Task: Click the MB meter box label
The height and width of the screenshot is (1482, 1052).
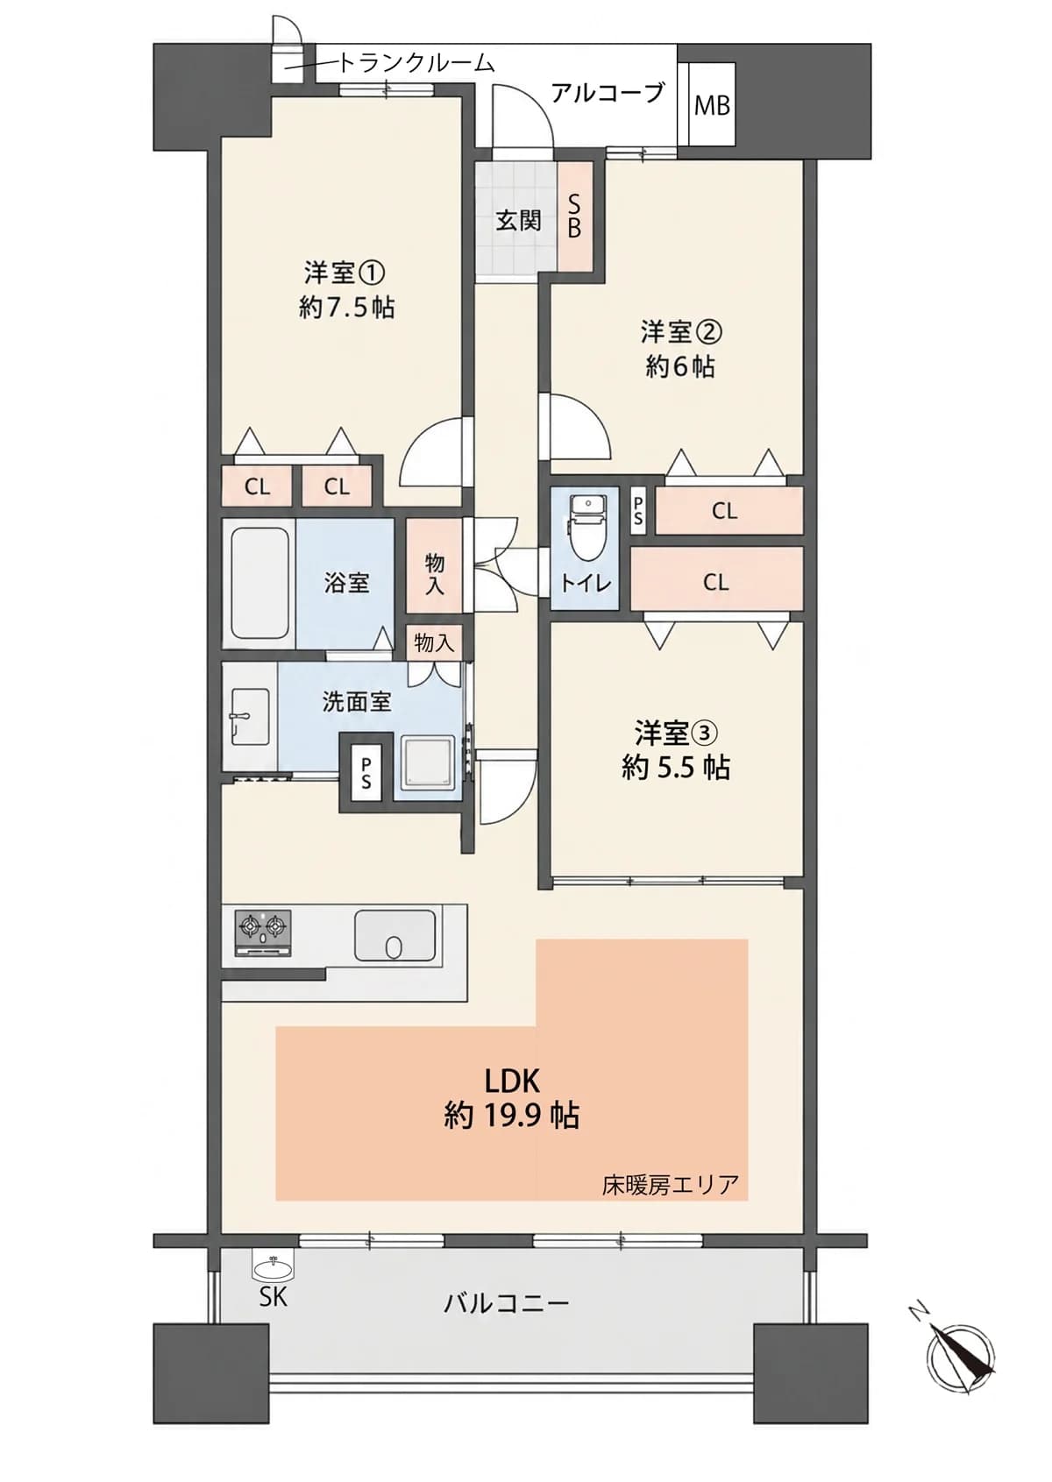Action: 712,105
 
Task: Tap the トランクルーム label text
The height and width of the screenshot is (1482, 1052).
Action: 416,63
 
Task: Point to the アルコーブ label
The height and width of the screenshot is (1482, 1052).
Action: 608,93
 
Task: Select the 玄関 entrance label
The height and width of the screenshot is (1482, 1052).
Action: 519,220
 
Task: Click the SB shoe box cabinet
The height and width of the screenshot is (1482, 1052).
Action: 574,216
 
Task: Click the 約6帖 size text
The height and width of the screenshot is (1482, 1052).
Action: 680,366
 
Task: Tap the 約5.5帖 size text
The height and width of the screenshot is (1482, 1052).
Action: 676,768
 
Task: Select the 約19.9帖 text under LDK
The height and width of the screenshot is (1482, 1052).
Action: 511,1116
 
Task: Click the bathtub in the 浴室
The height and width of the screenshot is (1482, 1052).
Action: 259,585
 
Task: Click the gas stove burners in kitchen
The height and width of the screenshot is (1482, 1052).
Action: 263,933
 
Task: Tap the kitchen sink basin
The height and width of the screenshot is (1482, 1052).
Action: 395,935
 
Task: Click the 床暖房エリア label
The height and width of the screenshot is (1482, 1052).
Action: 670,1183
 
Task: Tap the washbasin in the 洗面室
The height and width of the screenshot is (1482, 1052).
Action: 249,718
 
